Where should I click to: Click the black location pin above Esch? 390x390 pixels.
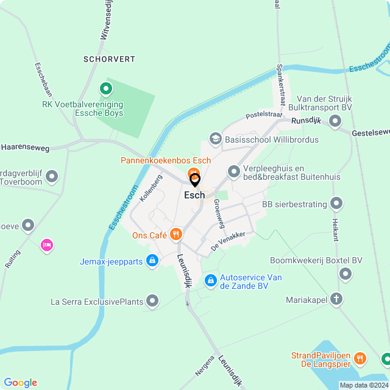tap(195, 180)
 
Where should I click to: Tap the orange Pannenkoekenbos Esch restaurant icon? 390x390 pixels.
tap(193, 172)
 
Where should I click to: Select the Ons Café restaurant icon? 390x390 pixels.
tap(176, 234)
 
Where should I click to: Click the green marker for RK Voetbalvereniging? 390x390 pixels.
tap(105, 90)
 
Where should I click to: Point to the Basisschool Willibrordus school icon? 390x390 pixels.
tap(215, 140)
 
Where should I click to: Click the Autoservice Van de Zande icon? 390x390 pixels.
tap(210, 280)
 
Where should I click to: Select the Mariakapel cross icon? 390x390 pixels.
tap(337, 300)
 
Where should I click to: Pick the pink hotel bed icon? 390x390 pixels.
tap(46, 246)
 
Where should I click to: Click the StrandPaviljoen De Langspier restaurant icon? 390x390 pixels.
tap(360, 358)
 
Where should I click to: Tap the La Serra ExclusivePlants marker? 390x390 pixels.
tap(152, 301)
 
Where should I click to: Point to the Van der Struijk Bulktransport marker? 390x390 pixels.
tap(335, 122)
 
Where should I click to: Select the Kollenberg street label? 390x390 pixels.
tap(152, 188)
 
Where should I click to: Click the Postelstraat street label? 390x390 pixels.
tap(265, 115)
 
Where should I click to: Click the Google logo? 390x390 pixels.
tap(20, 382)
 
